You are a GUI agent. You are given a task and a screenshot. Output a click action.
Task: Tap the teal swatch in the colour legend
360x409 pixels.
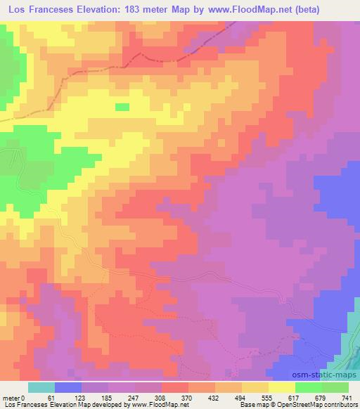pos(41,387)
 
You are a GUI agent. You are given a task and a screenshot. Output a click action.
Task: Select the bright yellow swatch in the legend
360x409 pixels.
pos(281,387)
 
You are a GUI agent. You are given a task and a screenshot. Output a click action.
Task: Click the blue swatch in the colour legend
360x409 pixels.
pos(67,387)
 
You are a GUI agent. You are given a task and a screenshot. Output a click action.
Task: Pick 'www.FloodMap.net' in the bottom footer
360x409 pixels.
pos(161,405)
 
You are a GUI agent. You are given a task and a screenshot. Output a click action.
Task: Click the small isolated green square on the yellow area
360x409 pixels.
pos(122,107)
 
